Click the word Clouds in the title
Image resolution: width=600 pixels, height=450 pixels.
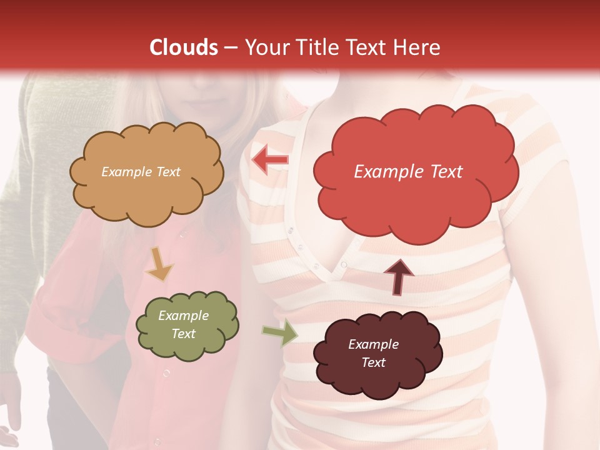184,47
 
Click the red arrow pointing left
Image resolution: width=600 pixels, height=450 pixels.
270,160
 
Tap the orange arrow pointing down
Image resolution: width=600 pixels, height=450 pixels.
159,264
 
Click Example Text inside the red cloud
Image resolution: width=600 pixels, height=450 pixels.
408,172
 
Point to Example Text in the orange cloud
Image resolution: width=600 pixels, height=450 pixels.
141,172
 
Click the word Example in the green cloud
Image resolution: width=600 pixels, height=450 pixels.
183,316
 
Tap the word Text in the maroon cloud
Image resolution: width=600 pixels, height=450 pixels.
373,362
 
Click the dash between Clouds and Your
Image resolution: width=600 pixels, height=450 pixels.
229,47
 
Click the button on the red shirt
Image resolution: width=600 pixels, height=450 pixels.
166,374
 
